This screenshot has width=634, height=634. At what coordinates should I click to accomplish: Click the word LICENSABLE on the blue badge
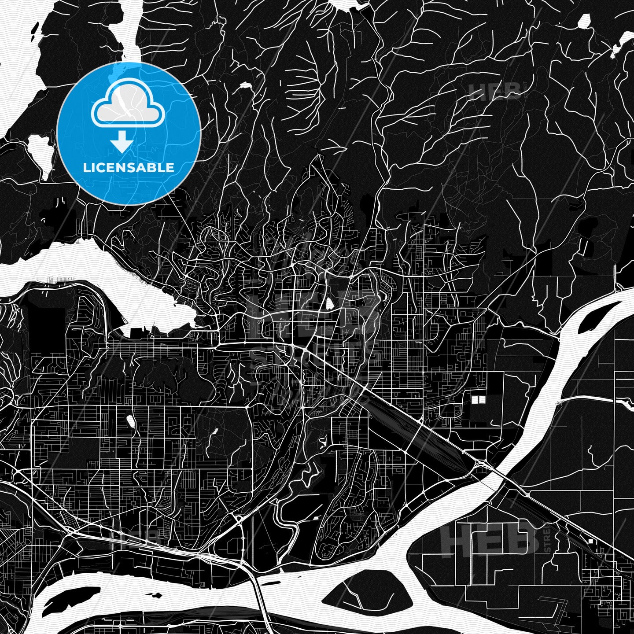pyautogui.click(x=129, y=168)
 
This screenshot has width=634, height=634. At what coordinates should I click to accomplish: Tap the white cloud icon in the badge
pyautogui.click(x=128, y=106)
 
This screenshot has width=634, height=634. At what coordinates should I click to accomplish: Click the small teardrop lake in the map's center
pyautogui.click(x=329, y=303)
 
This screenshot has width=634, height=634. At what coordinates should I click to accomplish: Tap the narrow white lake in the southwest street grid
pyautogui.click(x=130, y=422)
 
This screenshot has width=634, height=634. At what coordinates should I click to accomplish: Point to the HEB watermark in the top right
pyautogui.click(x=493, y=91)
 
